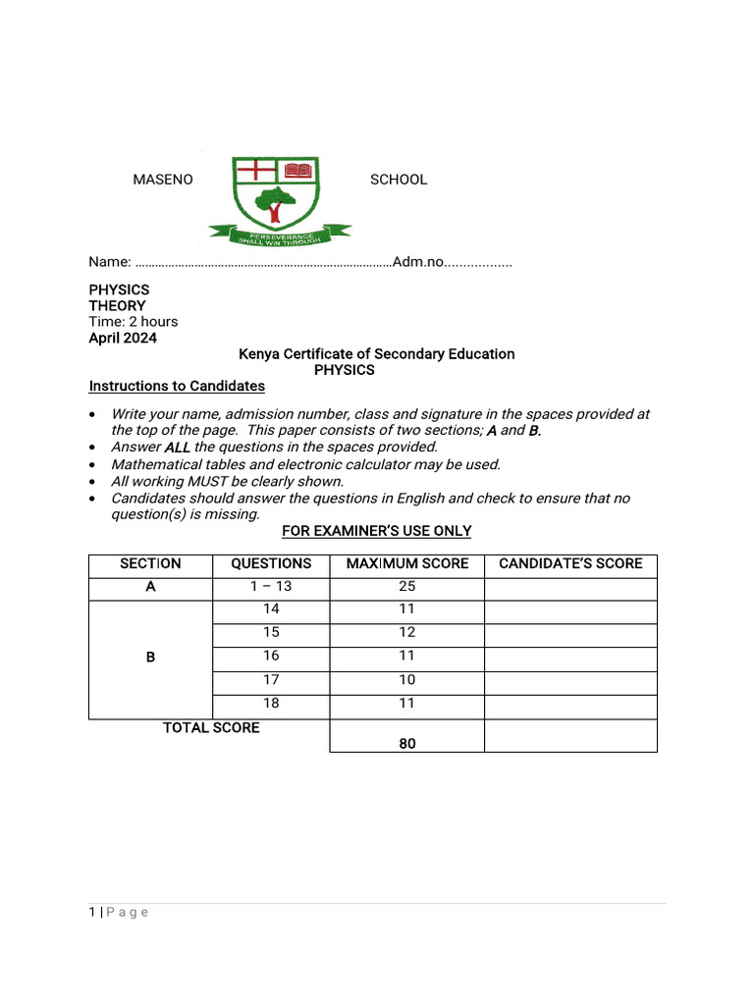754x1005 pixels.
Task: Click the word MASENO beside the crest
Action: [163, 180]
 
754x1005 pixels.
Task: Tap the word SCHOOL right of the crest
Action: [398, 180]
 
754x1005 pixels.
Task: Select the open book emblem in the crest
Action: [297, 171]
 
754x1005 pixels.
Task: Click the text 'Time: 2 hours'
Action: [134, 322]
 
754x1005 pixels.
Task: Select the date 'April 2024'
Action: [123, 339]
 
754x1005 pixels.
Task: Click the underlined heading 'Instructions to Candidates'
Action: [177, 386]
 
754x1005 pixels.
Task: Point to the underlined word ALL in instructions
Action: [177, 448]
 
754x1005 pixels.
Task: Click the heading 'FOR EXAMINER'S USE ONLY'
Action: [377, 531]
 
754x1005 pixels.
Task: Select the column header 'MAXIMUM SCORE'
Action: [407, 563]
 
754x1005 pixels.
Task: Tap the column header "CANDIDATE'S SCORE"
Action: [570, 563]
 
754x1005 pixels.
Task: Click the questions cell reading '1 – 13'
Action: [271, 587]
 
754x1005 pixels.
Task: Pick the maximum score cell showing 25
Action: [407, 587]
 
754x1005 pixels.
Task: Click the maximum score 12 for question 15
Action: [407, 633]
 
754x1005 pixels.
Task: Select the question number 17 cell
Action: [271, 680]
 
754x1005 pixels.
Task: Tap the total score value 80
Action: [407, 744]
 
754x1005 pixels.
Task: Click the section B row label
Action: [150, 657]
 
